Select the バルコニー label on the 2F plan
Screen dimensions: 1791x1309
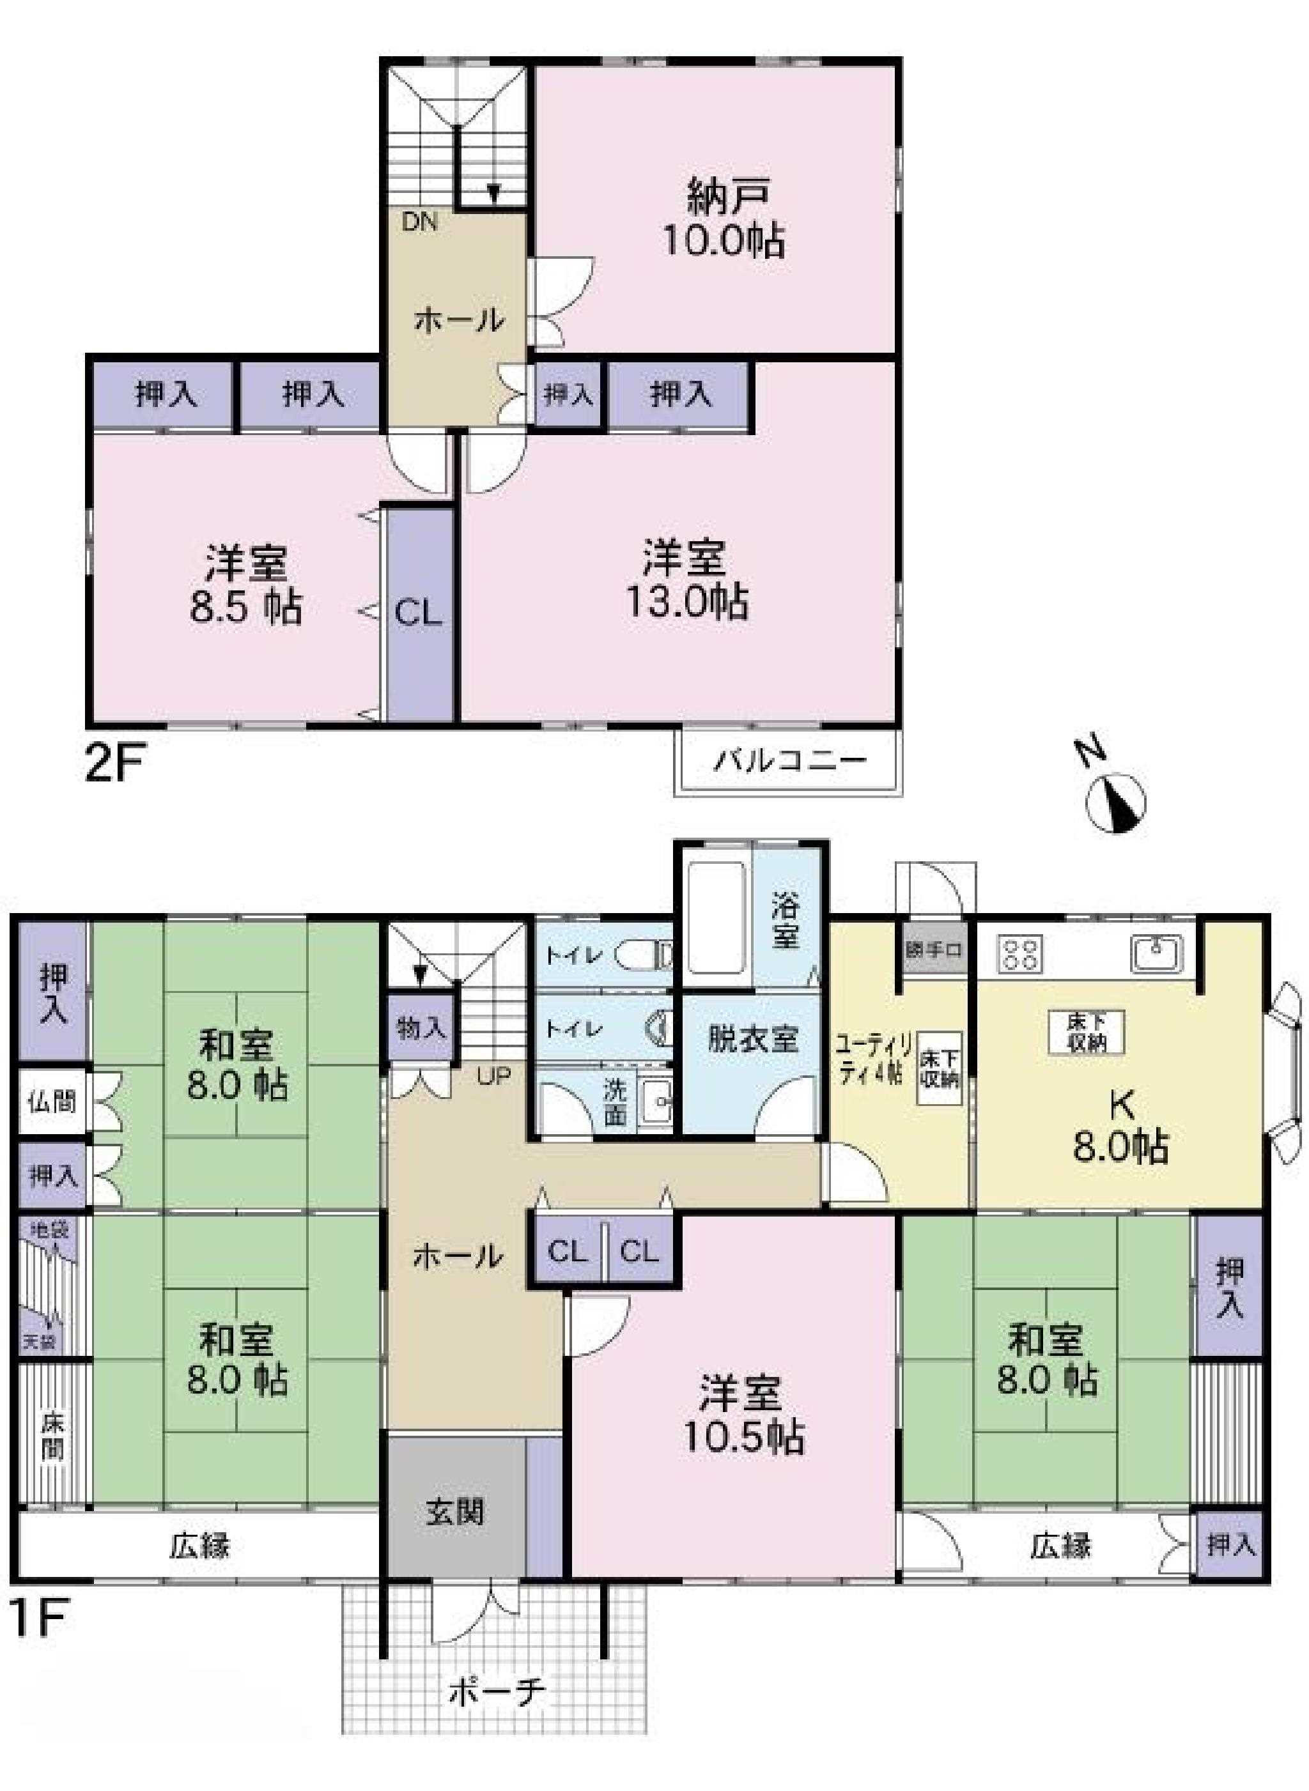point(791,762)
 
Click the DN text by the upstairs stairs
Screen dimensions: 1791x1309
point(419,222)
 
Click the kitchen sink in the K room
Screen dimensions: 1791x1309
point(1157,953)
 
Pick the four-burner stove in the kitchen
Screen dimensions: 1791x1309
point(1021,953)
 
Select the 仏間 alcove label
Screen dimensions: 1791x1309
point(52,1102)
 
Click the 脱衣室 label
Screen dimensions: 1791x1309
point(752,1040)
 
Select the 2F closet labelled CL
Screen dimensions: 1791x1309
point(419,614)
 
